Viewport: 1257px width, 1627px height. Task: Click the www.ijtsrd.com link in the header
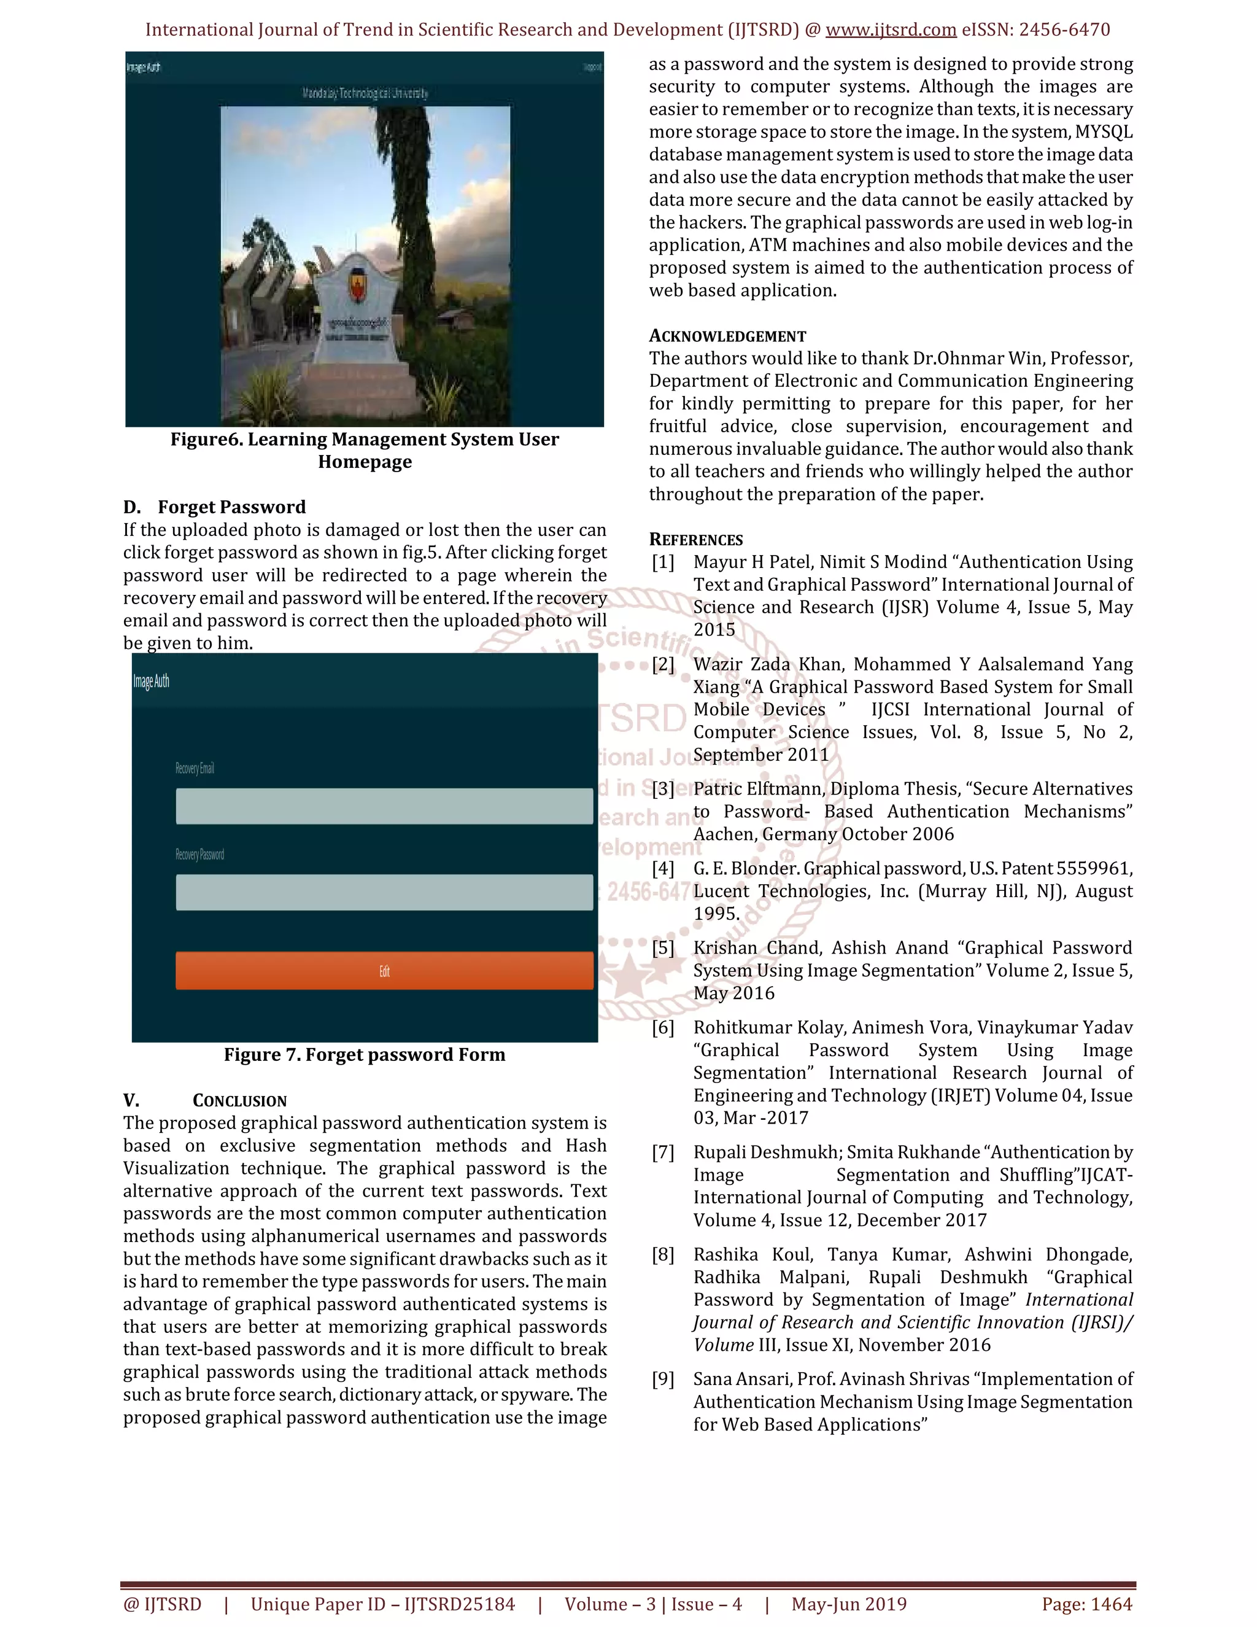891,30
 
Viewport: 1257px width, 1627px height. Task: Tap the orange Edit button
384,971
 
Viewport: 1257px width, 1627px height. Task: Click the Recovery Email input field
384,806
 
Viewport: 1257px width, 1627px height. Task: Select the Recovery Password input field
384,893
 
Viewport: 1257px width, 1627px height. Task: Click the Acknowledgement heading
727,336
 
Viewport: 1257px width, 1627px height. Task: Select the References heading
695,539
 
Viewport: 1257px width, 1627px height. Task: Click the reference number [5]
663,949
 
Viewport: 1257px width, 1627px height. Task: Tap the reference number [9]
663,1380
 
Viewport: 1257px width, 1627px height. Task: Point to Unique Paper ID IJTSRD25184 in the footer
383,1604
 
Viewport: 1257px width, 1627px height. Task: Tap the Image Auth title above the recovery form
151,681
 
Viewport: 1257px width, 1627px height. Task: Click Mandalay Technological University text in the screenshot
365,93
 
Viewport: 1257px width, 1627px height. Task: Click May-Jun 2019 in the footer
849,1604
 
